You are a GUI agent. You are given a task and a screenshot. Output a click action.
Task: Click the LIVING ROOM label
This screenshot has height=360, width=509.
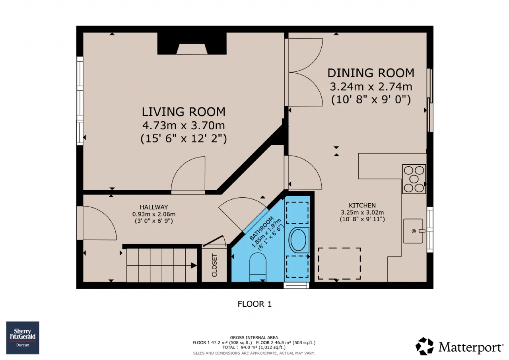coord(184,112)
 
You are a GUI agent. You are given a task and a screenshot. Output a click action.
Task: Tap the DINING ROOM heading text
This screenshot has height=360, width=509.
coord(371,73)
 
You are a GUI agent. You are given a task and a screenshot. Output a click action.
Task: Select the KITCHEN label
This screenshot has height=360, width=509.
coord(362,205)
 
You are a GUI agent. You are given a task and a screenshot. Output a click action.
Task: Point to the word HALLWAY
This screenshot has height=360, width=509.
coord(154,207)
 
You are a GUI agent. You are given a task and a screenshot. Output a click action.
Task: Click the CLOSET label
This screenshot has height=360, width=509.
coord(214,265)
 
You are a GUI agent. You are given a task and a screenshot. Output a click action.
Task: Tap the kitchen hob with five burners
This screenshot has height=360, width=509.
coord(414,179)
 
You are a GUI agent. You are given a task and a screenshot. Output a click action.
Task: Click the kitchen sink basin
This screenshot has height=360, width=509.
coord(413,231)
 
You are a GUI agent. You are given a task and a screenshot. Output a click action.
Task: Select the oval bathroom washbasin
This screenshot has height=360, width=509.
coord(298,240)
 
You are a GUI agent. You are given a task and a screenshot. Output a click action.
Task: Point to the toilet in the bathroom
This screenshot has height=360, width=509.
coord(258,267)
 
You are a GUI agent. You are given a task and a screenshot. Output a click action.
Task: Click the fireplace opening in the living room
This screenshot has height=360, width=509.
coord(192,49)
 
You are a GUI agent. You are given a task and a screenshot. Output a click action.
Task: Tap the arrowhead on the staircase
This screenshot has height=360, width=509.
coord(194,265)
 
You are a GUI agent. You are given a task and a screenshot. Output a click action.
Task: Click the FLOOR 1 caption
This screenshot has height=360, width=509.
coord(254,304)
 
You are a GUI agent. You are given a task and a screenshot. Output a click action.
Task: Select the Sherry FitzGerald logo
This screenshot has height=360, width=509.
coord(23,338)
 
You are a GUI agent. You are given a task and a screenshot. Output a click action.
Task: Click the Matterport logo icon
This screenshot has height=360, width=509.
coord(424,346)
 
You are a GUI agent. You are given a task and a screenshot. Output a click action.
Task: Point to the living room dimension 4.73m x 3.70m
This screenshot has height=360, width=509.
coord(184,125)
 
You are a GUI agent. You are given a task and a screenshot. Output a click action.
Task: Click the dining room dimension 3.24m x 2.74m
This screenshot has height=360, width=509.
coord(371,87)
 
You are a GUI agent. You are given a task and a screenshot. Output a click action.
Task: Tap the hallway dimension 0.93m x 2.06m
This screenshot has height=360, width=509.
coord(154,214)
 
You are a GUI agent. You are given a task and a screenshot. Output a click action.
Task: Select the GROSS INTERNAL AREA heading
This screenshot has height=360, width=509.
coord(254,337)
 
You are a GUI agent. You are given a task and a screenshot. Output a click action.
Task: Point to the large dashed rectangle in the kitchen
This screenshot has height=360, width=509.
coord(339,264)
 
